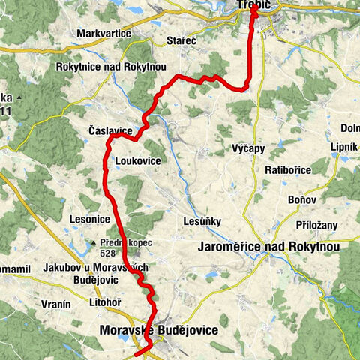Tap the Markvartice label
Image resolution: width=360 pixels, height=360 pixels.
pyautogui.click(x=103, y=34)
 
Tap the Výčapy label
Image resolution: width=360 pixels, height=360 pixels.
pyautogui.click(x=248, y=148)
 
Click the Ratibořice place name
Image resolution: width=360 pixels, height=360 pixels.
pyautogui.click(x=287, y=170)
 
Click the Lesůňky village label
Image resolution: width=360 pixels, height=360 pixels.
pyautogui.click(x=200, y=221)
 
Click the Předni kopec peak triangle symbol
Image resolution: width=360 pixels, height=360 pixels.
pyautogui.click(x=92, y=243)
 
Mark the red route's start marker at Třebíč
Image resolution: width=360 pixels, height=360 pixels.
pyautogui.click(x=255, y=10)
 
